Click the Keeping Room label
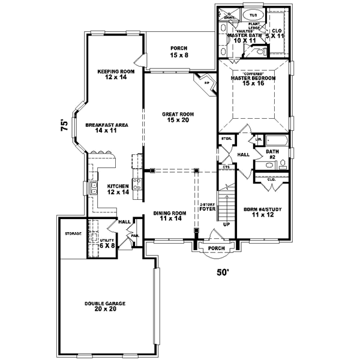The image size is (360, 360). coord(115,74)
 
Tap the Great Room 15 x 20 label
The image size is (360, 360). coord(179,116)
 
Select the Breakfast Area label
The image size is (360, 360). coord(106,127)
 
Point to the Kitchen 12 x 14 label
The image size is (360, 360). coord(118,189)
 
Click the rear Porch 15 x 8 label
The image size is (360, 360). coord(179,52)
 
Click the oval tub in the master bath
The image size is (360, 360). coord(253,14)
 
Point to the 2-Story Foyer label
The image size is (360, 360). coord(208,207)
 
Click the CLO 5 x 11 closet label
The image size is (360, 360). coord(277,33)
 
